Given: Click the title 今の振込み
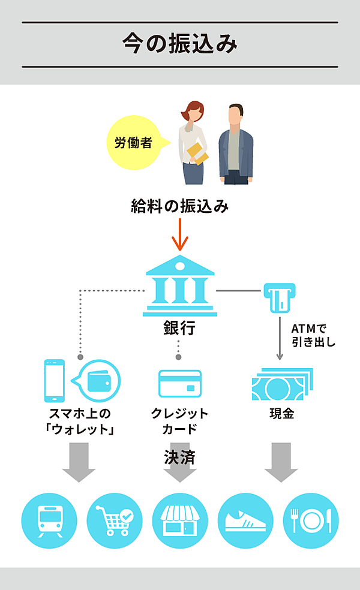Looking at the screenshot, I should [x=180, y=44].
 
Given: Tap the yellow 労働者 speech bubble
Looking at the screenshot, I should [x=133, y=143].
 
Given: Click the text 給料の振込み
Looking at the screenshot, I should [x=180, y=207].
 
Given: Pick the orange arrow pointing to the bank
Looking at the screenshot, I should [x=180, y=236].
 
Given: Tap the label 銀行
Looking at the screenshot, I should [x=179, y=329].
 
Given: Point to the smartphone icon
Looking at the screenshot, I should [x=55, y=381].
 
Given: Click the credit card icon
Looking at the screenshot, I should [x=179, y=383].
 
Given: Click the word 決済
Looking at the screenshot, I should [x=179, y=457].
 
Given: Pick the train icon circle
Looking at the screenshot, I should [x=49, y=520].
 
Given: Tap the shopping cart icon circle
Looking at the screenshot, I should [x=115, y=520].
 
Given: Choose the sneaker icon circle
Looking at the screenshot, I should [x=245, y=520].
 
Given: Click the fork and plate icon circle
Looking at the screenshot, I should [x=310, y=520].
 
